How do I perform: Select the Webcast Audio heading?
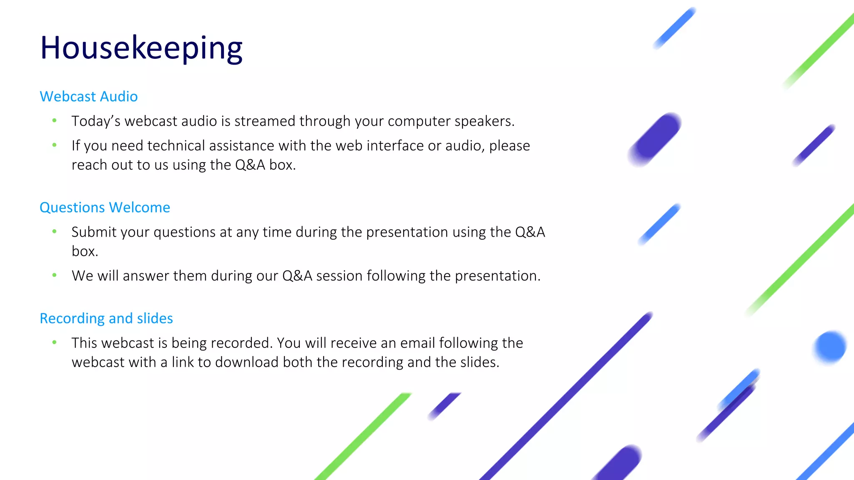click(x=88, y=97)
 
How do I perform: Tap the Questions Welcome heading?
click(x=105, y=207)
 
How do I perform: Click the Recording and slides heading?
click(x=106, y=318)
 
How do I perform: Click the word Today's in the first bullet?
click(x=95, y=121)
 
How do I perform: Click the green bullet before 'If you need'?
click(x=54, y=145)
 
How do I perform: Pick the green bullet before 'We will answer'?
click(x=54, y=275)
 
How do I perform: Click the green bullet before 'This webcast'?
click(x=54, y=342)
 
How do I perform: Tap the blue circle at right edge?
click(x=830, y=347)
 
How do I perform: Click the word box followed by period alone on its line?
click(x=84, y=251)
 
